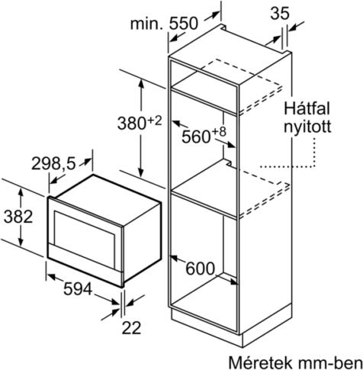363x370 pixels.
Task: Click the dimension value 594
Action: click(78, 289)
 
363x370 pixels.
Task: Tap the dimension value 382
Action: click(18, 217)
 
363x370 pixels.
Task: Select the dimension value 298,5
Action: click(53, 164)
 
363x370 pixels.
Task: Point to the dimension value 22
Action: click(131, 328)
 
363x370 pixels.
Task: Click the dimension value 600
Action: click(201, 269)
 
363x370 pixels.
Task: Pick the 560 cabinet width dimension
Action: click(196, 137)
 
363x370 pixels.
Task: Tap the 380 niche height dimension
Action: click(131, 124)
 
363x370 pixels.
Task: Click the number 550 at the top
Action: click(183, 24)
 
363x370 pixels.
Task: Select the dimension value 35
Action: click(280, 13)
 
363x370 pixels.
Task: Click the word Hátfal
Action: click(307, 108)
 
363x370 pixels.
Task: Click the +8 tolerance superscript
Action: click(218, 132)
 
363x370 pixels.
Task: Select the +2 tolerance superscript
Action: click(154, 121)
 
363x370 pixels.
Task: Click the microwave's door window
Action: click(84, 240)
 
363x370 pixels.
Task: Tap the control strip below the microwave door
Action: click(85, 265)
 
